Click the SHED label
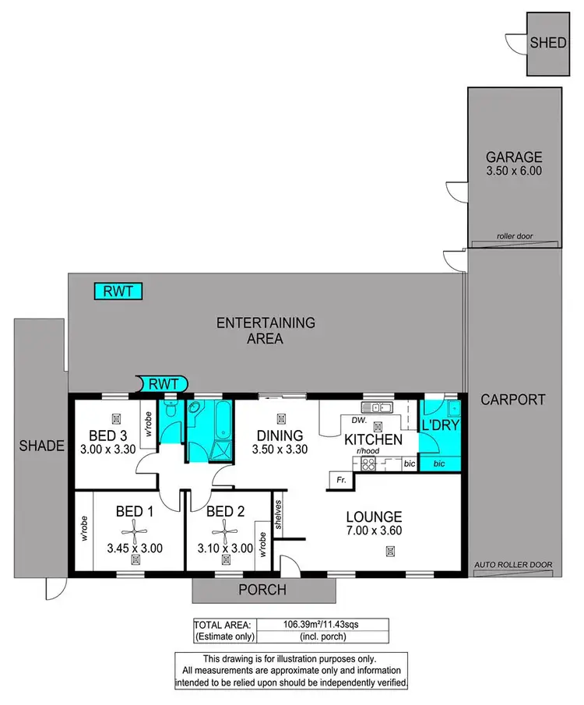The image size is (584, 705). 548,43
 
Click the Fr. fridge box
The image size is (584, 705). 340,481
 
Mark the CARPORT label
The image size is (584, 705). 512,400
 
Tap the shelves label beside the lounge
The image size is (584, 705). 278,513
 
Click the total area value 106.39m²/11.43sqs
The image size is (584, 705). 320,624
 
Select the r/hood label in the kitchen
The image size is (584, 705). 367,452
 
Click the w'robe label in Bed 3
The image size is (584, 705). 146,423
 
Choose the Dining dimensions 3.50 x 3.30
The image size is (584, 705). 280,449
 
